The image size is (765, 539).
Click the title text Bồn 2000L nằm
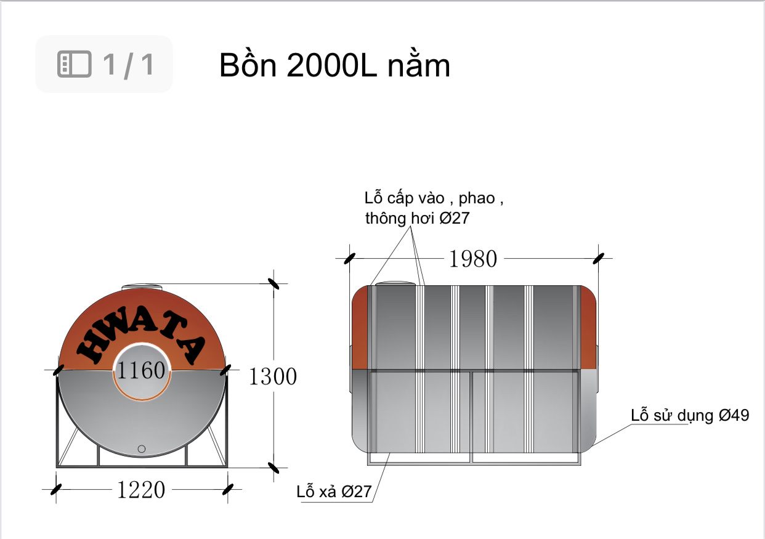tap(334, 66)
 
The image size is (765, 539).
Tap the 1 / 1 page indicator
tap(128, 65)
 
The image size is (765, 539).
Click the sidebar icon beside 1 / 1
tap(74, 64)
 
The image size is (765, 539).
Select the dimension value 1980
tap(472, 259)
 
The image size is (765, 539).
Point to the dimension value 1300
tap(272, 376)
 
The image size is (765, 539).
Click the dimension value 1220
tap(141, 490)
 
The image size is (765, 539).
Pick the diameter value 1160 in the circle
tap(142, 371)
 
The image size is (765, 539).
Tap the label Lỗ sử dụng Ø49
tap(690, 415)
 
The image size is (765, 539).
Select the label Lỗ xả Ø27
tap(334, 492)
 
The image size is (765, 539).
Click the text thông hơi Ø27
tap(417, 219)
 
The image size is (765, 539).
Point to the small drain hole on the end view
tap(142, 448)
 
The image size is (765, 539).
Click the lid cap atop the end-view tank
tap(142, 286)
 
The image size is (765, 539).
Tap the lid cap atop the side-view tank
tap(395, 283)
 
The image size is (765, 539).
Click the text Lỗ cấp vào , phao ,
tap(434, 199)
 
